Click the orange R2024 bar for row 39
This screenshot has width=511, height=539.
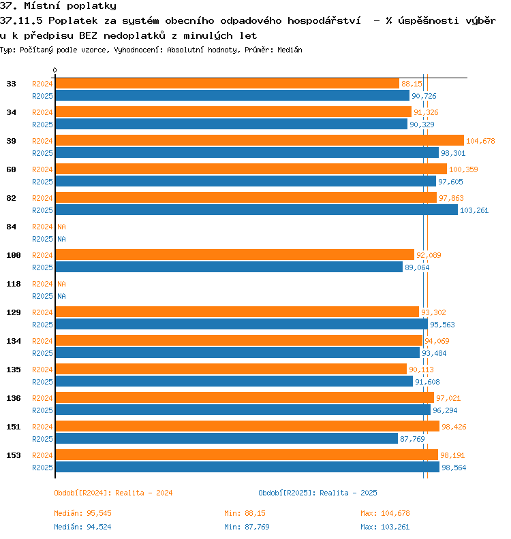(x=260, y=140)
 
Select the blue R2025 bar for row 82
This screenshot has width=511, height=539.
(x=257, y=210)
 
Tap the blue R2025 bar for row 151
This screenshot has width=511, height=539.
(x=227, y=438)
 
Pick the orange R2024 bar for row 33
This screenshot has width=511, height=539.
(x=228, y=84)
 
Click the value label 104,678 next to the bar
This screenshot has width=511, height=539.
(x=480, y=141)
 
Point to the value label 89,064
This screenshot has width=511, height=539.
(x=417, y=267)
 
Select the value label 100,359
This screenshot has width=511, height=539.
(x=463, y=169)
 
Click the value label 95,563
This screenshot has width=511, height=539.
(x=442, y=325)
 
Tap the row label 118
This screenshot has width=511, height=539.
(x=14, y=284)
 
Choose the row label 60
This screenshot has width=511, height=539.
(x=11, y=169)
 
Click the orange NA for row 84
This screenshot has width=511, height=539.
(x=61, y=227)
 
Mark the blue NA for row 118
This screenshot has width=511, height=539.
(x=61, y=296)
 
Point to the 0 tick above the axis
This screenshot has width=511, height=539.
(x=55, y=70)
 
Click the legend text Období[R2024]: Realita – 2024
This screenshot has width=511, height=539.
(x=113, y=493)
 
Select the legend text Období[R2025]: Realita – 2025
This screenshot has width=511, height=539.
(x=318, y=493)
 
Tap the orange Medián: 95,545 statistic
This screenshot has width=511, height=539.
(x=82, y=513)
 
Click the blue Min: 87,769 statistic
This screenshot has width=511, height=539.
(x=247, y=527)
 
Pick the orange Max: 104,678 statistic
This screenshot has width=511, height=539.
(x=385, y=513)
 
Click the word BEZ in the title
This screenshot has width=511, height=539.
(x=88, y=36)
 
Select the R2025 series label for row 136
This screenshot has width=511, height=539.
(x=42, y=410)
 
